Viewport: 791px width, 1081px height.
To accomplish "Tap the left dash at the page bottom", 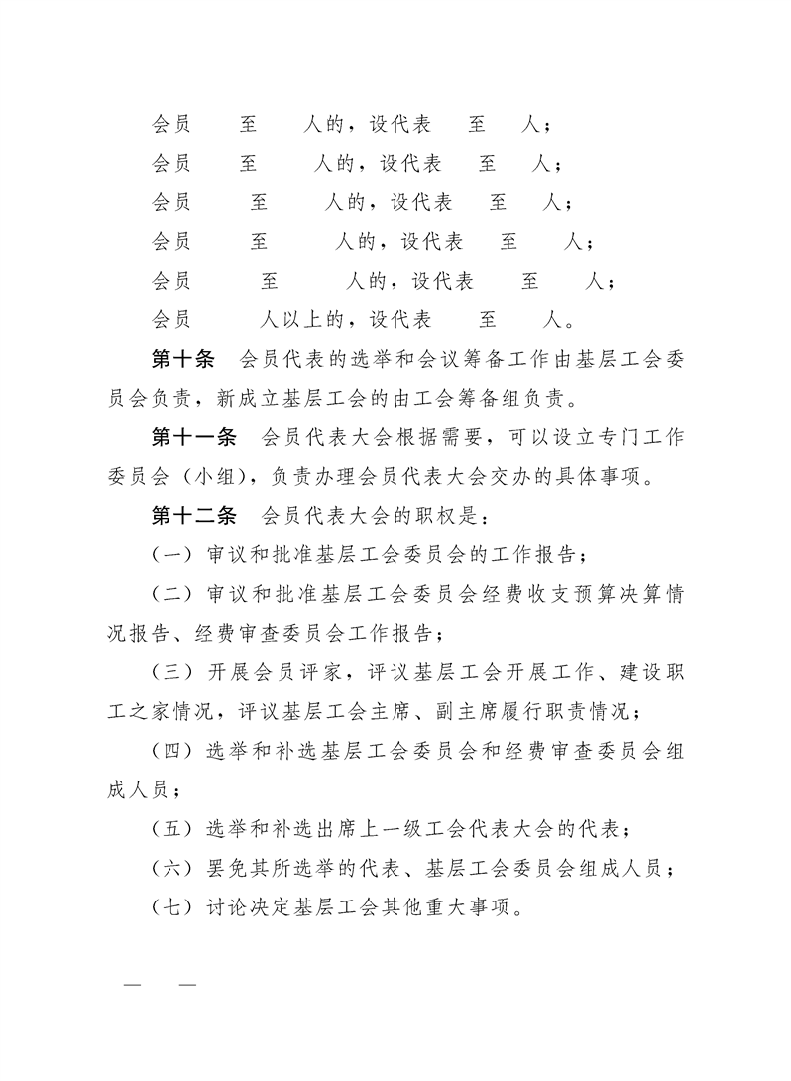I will pos(132,985).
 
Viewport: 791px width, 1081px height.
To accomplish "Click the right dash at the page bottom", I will pos(187,985).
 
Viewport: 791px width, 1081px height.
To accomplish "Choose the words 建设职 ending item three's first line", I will pos(651,671).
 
